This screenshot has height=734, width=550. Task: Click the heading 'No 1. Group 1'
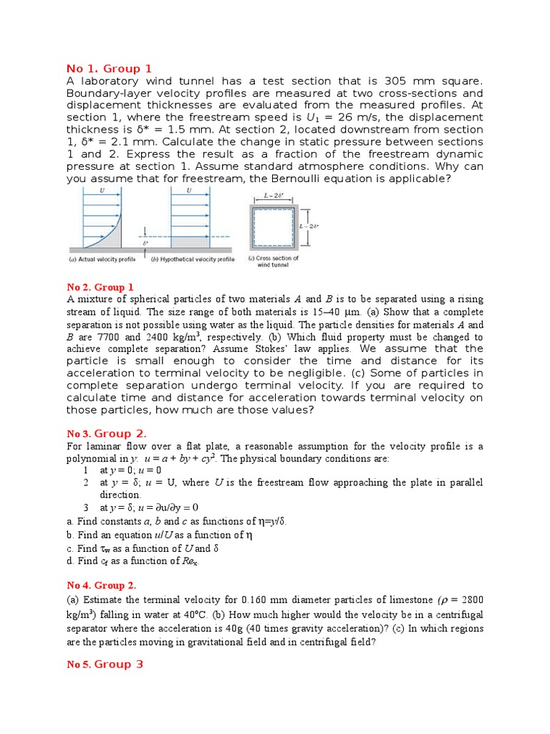(109, 69)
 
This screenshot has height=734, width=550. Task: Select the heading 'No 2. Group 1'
(100, 287)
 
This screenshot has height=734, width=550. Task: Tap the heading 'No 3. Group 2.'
(107, 434)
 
